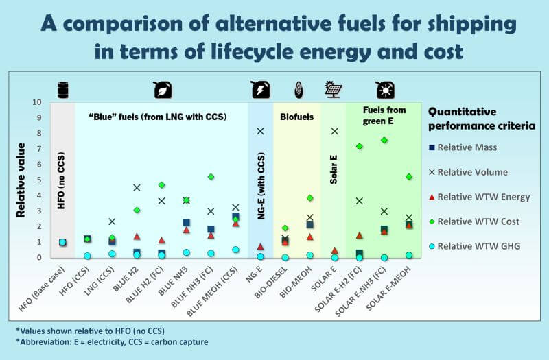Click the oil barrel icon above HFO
[x=62, y=90]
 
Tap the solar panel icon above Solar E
[x=334, y=90]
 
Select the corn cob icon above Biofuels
[x=297, y=90]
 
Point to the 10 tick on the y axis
[x=37, y=102]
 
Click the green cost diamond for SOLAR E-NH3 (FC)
[x=384, y=140]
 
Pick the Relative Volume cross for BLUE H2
[x=137, y=187]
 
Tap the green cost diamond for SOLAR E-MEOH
[x=409, y=176]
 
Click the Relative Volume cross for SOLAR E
[x=334, y=131]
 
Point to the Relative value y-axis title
[x=21, y=180]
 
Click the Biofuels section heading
[x=296, y=117]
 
